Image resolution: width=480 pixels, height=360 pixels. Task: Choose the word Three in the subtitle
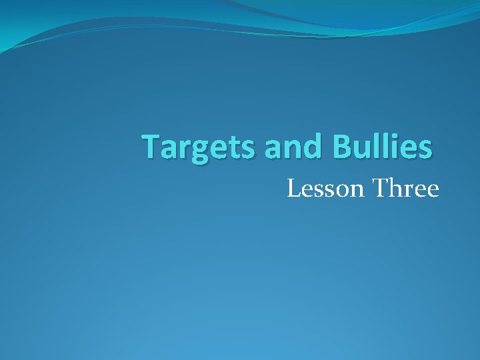coord(406,189)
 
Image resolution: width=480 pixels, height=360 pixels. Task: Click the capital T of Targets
coord(151,147)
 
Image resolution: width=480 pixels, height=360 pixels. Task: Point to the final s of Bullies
coord(425,149)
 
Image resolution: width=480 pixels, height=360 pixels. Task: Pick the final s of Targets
coord(248,149)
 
